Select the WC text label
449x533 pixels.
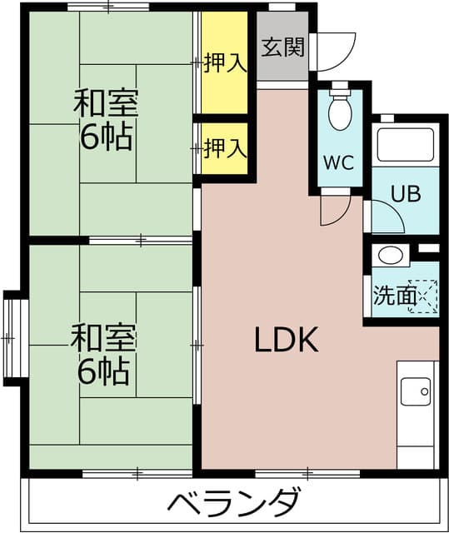[x=340, y=162]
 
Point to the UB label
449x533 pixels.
[x=407, y=193]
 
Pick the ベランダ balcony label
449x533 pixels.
[x=233, y=503]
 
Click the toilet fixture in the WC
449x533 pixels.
[x=340, y=110]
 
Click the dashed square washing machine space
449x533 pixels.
[x=423, y=296]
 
